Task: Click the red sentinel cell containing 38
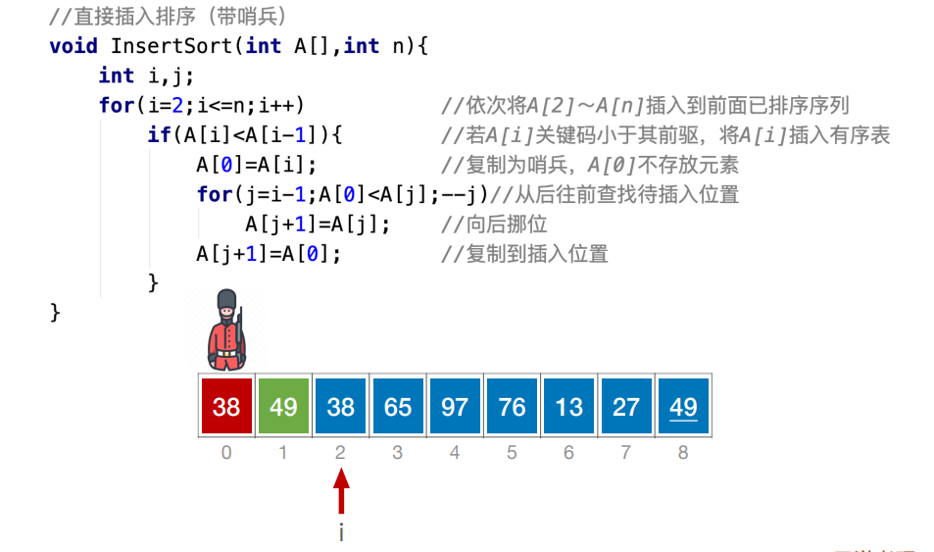coord(226,405)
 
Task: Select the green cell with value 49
coord(283,405)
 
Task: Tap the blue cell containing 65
coord(398,405)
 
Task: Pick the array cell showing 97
coord(455,405)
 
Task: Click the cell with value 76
coord(512,405)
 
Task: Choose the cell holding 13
coord(569,405)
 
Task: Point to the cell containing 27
coord(626,405)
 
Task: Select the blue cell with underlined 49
coord(683,405)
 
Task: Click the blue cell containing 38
coord(341,405)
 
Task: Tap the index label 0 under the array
coord(226,453)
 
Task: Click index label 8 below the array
coord(683,453)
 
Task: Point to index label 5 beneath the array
coord(512,453)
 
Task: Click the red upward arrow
coord(341,491)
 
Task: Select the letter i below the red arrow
coord(341,532)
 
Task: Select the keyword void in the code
coord(74,45)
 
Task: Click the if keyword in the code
coord(158,134)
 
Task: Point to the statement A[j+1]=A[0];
coord(269,254)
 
